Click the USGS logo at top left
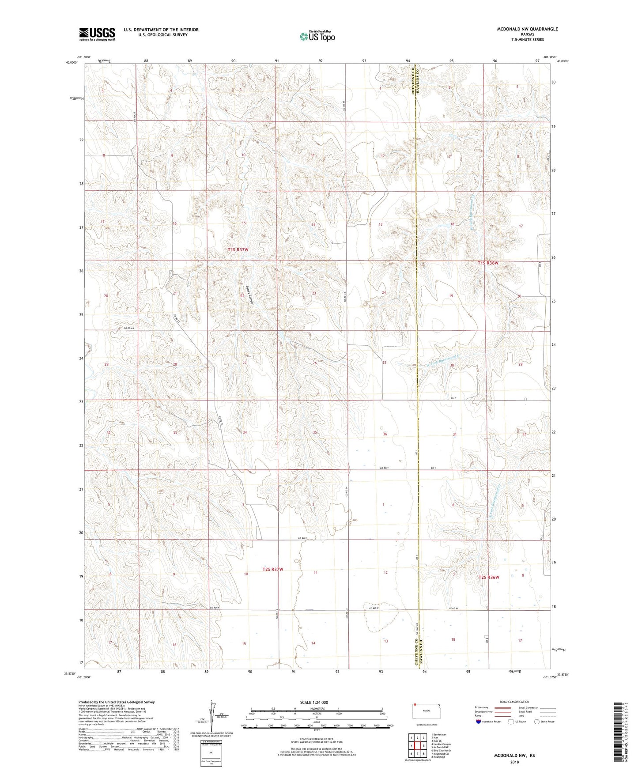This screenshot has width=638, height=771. [x=97, y=34]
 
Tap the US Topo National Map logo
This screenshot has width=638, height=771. [x=317, y=36]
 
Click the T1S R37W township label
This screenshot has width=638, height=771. [x=238, y=250]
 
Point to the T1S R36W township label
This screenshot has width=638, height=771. [x=488, y=263]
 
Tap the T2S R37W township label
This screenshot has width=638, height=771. [x=272, y=570]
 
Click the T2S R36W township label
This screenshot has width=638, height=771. [x=489, y=577]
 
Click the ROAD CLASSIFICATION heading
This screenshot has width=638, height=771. [x=514, y=702]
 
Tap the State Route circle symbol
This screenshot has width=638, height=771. [x=537, y=722]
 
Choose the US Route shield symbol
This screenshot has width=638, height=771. [x=511, y=722]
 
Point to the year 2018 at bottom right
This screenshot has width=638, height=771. [x=514, y=762]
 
